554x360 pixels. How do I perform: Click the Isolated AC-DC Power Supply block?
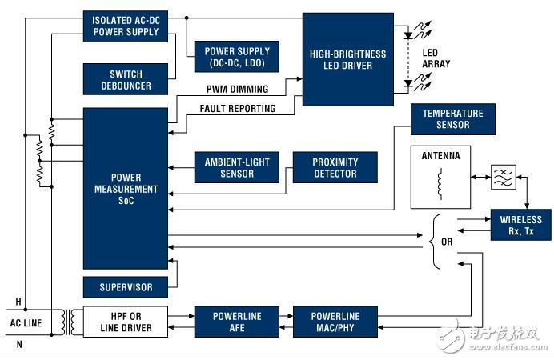click(x=126, y=26)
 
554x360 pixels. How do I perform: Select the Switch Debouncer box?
click(x=126, y=79)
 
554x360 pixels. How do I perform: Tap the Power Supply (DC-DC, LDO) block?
click(x=237, y=57)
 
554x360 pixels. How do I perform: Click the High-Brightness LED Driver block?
click(x=348, y=60)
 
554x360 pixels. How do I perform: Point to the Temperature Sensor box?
click(x=453, y=119)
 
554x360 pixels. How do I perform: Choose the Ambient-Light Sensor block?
click(x=237, y=168)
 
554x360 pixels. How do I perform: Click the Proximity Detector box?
click(x=335, y=168)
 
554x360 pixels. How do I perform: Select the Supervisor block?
click(x=126, y=287)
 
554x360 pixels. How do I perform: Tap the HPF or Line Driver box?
click(x=126, y=322)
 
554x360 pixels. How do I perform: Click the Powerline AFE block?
click(x=237, y=322)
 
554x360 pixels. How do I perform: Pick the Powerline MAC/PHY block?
click(x=335, y=322)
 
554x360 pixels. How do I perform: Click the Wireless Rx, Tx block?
click(x=521, y=225)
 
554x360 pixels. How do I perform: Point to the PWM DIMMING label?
click(x=238, y=89)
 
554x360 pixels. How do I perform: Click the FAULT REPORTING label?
click(x=238, y=109)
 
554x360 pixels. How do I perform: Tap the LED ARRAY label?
click(x=436, y=58)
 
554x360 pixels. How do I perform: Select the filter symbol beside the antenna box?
click(x=504, y=177)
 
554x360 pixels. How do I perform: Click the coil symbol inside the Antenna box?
click(x=440, y=184)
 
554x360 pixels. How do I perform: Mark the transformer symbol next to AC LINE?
click(x=68, y=322)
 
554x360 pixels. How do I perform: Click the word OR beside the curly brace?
click(x=447, y=242)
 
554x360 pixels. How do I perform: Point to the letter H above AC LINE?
click(x=18, y=302)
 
